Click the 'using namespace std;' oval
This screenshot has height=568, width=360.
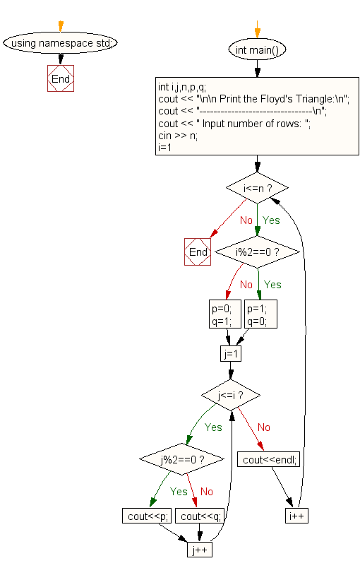60,42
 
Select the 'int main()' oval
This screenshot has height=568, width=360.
257,49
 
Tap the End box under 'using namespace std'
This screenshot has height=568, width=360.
60,78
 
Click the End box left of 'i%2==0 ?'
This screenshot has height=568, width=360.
198,252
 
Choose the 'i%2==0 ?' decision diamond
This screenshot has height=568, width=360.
257,252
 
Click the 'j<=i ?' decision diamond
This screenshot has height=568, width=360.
231,394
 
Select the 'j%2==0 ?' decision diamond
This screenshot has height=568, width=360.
182,460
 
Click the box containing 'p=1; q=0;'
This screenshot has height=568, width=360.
260,314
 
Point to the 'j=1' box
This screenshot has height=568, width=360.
231,353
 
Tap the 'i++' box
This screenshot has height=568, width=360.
296,516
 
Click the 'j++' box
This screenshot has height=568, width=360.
200,549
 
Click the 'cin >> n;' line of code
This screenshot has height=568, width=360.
179,136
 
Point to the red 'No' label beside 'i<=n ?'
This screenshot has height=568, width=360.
246,220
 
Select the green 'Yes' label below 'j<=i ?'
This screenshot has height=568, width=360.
213,427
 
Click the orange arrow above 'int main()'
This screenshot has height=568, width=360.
257,28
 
